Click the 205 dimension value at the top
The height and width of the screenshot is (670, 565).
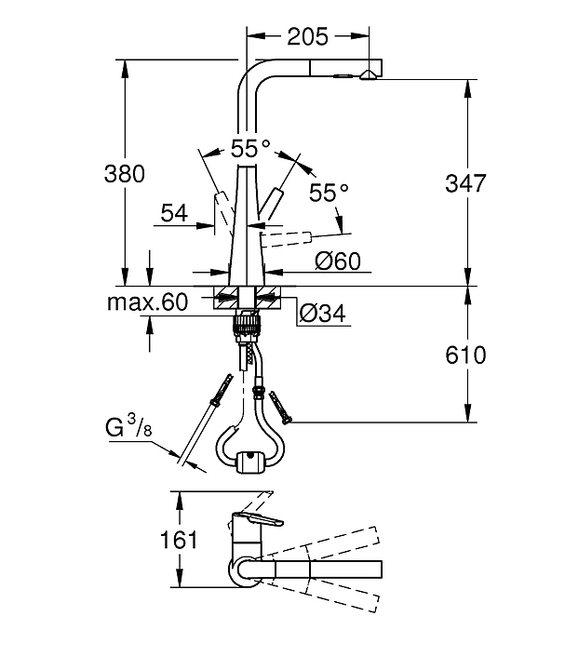point(307,36)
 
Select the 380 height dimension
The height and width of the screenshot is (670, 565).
point(127,173)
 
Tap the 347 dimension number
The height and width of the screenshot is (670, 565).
point(465,182)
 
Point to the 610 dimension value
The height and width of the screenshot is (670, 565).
point(465,355)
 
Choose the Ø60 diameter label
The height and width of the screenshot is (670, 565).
point(337,261)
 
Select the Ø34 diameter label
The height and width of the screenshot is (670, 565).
point(323,315)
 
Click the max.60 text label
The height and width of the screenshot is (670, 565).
point(147,301)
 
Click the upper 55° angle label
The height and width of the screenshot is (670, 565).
point(250,148)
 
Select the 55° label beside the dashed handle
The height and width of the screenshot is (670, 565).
point(328,193)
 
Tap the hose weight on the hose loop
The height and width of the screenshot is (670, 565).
point(249,461)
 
